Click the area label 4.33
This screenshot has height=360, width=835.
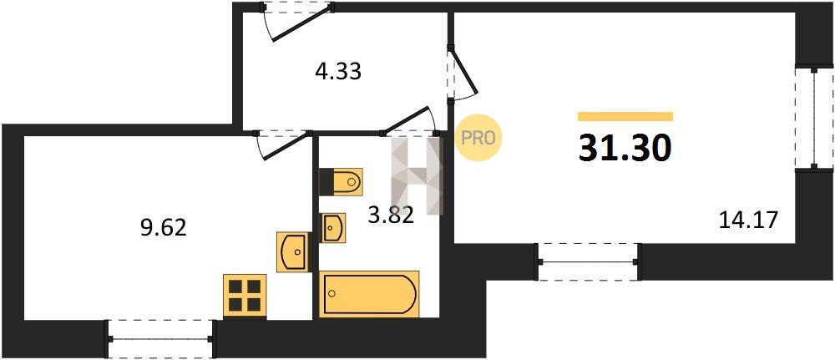[x=337, y=71]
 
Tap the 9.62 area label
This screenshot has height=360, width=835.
[x=163, y=228]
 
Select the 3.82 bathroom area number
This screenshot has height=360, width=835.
[x=391, y=215]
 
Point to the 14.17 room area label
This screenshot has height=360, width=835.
[x=748, y=220]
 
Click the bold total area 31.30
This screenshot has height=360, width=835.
[x=625, y=148]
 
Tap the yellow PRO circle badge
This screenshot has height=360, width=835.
[x=478, y=138]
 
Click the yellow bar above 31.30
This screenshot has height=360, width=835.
[x=625, y=117]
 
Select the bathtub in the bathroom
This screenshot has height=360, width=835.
[x=369, y=294]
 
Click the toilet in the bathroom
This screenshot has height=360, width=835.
[x=341, y=181]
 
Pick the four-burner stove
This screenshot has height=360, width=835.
[x=245, y=296]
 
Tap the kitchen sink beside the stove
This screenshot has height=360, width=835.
[x=292, y=252]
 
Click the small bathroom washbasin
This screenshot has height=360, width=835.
[x=333, y=228]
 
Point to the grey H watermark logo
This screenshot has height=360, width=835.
[x=417, y=175]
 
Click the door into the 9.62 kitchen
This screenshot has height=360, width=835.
[x=282, y=145]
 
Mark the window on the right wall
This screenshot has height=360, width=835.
[x=814, y=119]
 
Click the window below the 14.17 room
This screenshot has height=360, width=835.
[x=589, y=261]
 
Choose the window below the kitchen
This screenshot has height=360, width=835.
[x=160, y=338]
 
